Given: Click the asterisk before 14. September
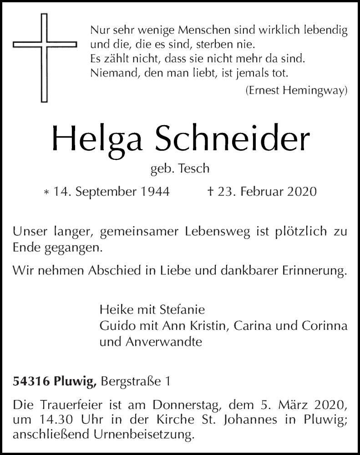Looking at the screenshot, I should coord(46,193).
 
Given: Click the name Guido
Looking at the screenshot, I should coord(114,327).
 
